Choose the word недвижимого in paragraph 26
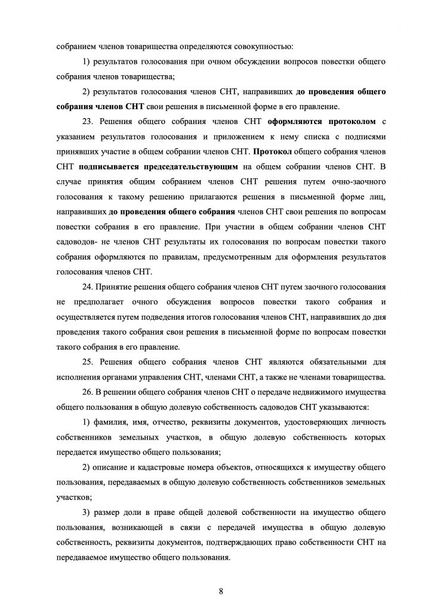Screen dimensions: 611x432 pos(325,392)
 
